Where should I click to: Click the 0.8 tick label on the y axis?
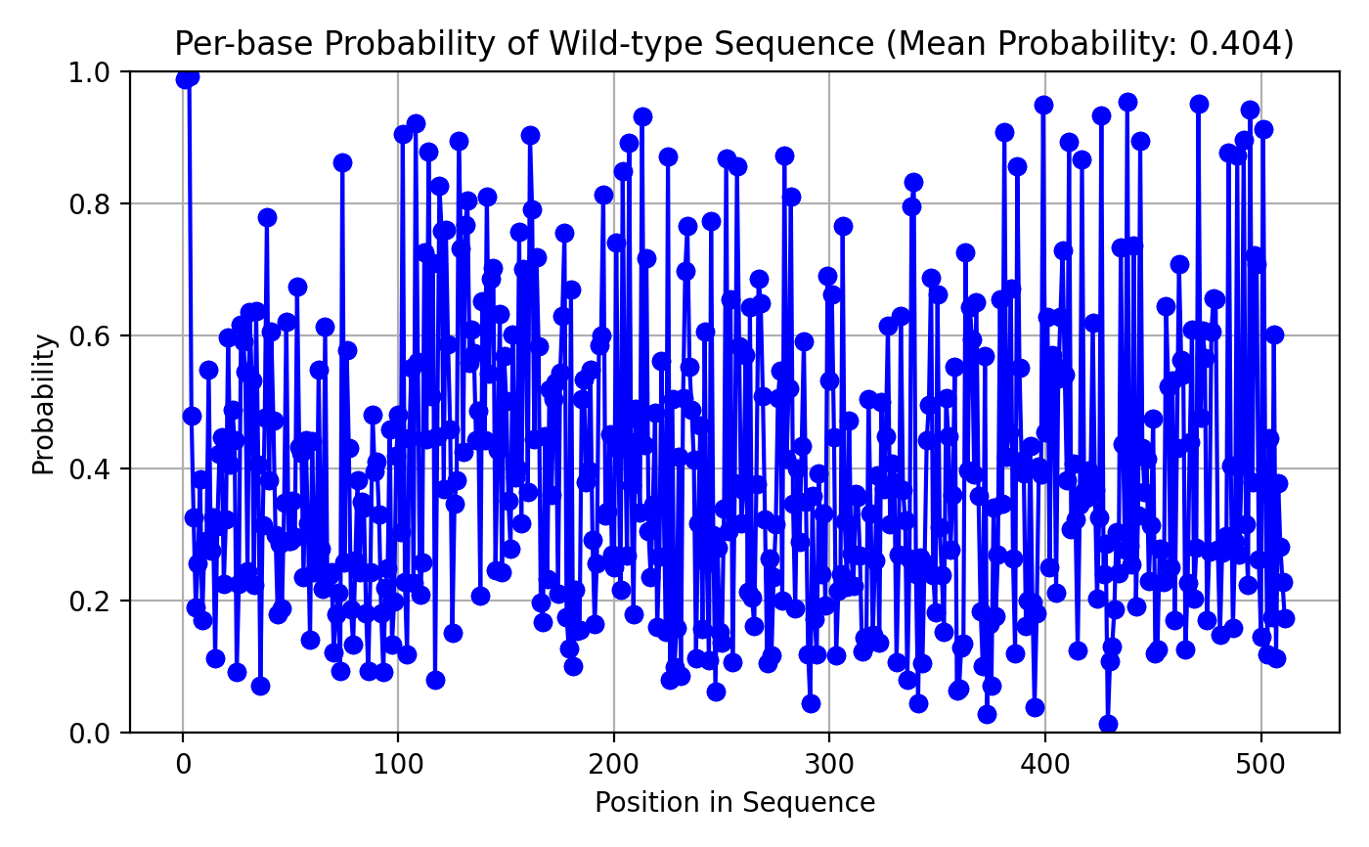pos(89,204)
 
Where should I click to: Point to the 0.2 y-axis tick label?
pos(89,602)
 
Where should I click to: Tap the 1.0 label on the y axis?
pos(89,72)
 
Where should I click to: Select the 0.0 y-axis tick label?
pos(89,734)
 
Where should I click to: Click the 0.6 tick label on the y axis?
pos(89,336)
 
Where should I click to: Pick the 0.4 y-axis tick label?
pos(89,469)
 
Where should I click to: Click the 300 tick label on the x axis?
pos(829,765)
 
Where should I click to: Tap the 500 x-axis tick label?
pos(1260,765)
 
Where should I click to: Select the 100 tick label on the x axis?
pos(398,765)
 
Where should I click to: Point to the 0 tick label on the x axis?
pos(183,765)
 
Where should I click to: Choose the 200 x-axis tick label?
pos(614,765)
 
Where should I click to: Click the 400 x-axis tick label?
pos(1045,765)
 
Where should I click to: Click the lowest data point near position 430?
pos(1108,725)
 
